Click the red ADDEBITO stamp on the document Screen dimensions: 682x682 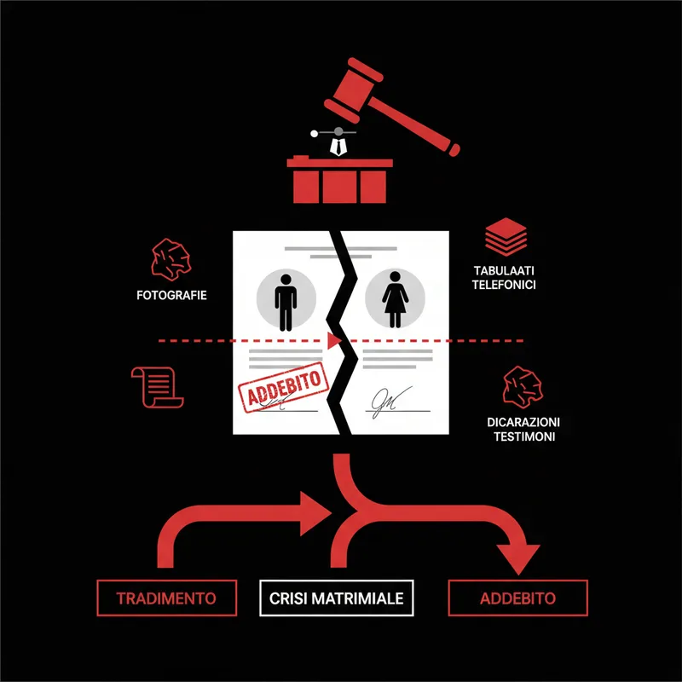[283, 387]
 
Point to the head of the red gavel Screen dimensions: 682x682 [354, 90]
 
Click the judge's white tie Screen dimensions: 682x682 [338, 147]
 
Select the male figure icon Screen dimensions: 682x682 [286, 303]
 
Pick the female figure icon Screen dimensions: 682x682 [395, 299]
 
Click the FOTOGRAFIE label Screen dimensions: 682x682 [171, 295]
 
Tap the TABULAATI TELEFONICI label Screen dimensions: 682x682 [504, 278]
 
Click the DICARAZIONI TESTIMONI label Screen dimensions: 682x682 [523, 429]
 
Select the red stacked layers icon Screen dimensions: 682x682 [506, 237]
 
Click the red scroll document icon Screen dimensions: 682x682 [157, 387]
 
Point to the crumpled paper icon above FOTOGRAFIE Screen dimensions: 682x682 [171, 259]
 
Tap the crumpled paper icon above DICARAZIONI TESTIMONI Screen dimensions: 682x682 [523, 387]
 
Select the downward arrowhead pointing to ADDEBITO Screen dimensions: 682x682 [518, 559]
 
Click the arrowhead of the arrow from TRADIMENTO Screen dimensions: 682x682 [315, 514]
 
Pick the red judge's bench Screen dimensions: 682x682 [339, 180]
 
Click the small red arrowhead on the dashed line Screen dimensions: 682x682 [334, 340]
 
